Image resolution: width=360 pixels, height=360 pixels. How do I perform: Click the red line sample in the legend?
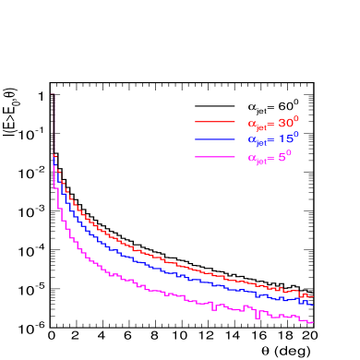[x=215, y=122]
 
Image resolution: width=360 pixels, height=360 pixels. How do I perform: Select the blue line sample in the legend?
[x=215, y=139]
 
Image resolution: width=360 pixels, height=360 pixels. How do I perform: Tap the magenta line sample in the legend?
[x=215, y=157]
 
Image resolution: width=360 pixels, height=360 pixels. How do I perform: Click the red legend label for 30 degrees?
[x=273, y=123]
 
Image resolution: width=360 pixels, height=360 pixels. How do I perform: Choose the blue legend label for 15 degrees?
[x=273, y=139]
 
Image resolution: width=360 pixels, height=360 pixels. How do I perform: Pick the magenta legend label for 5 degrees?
[x=270, y=157]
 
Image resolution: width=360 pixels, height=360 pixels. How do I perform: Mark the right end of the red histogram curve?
[x=313, y=295]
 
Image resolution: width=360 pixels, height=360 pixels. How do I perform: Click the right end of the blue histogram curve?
[x=313, y=305]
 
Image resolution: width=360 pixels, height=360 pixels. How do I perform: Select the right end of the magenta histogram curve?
[x=313, y=322]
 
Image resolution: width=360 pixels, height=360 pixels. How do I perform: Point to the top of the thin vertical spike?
[x=54, y=93]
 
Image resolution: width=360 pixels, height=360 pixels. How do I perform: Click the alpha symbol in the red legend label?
[x=251, y=123]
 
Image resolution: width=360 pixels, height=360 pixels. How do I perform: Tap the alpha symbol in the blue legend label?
[x=251, y=140]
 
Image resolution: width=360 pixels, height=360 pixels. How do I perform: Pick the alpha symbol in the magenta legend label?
[x=251, y=158]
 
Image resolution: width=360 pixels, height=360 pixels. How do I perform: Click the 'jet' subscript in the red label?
[x=261, y=126]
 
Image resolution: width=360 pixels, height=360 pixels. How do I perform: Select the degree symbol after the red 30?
[x=296, y=118]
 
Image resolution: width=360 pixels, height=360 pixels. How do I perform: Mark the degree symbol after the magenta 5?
[x=289, y=152]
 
